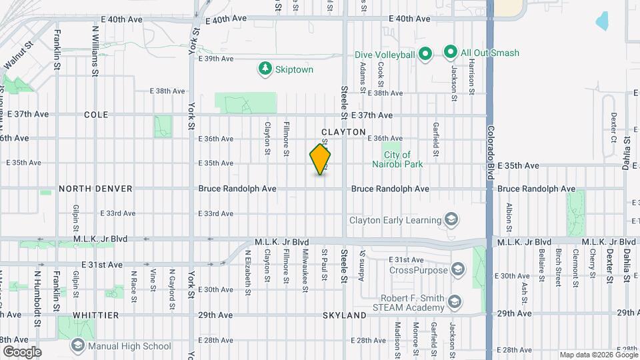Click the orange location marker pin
click(321, 159)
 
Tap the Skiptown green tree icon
click(265, 69)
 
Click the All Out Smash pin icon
click(450, 53)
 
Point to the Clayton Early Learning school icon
click(451, 220)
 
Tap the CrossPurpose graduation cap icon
click(457, 270)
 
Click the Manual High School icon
click(78, 346)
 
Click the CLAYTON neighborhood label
click(343, 132)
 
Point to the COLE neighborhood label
click(96, 115)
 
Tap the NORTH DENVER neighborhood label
click(96, 189)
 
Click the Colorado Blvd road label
click(490, 152)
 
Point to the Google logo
click(21, 351)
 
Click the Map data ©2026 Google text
click(598, 355)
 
